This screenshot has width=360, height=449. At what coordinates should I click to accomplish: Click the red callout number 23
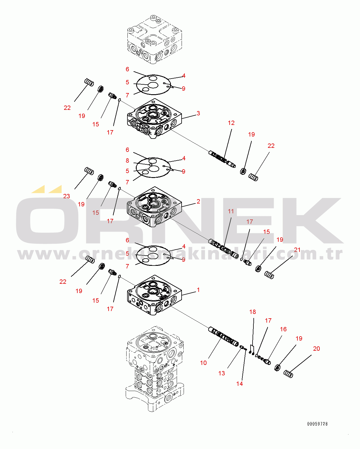click(x=67, y=196)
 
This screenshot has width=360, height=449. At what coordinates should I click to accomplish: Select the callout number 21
click(x=297, y=250)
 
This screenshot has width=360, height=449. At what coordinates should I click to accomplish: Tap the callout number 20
click(x=317, y=348)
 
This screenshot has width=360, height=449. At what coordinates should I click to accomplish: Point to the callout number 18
click(x=253, y=312)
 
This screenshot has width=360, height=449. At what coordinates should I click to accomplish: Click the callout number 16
click(x=283, y=329)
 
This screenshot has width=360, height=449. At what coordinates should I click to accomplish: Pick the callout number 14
click(x=240, y=383)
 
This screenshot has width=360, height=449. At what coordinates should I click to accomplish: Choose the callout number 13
click(x=222, y=373)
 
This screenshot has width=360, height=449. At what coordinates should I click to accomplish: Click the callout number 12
click(x=231, y=123)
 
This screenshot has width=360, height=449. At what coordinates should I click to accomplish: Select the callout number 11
click(x=231, y=211)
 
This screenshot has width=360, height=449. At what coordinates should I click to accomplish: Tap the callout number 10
click(x=203, y=363)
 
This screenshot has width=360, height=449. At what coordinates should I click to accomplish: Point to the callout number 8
click(x=127, y=161)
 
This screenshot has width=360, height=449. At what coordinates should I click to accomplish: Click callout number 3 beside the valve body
click(x=198, y=113)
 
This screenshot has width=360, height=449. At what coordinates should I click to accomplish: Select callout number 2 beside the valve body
click(x=198, y=201)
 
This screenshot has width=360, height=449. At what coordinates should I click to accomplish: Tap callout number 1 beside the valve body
click(x=198, y=290)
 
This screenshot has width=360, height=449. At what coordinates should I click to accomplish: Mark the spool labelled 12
click(x=222, y=159)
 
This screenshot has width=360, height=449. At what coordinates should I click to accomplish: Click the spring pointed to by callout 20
click(x=288, y=374)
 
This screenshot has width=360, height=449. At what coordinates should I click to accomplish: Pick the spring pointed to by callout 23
click(x=89, y=171)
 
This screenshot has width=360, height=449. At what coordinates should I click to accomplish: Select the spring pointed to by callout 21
click(x=269, y=275)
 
